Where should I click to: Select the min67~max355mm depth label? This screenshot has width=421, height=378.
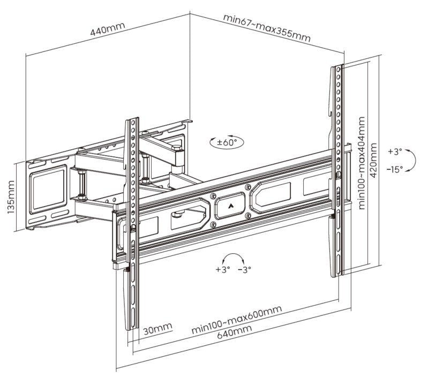click(267, 28)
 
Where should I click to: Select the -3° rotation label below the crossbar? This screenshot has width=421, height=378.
click(244, 269)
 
